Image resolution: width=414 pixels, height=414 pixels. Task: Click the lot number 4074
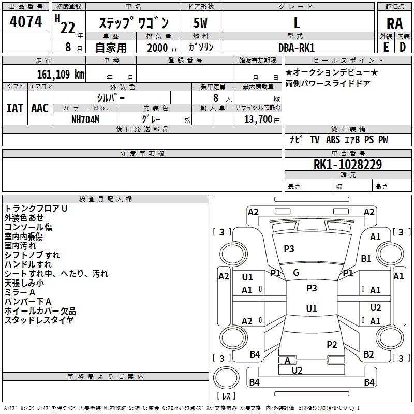pos(25,22)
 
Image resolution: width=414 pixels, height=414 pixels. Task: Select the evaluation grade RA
pos(394,24)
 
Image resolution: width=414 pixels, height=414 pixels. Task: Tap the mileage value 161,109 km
pos(61,75)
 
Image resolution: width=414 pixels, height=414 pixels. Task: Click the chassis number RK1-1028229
pos(348,165)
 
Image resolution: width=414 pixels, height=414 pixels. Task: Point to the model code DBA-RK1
pos(297,48)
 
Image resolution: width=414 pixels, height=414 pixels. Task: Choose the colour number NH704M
pos(85,120)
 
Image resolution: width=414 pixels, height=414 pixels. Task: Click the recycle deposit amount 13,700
pos(258,120)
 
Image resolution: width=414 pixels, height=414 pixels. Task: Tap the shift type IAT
pos(15,108)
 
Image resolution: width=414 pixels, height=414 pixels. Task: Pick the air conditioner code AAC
pos(40,108)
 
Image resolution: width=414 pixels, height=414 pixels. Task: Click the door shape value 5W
pos(200,23)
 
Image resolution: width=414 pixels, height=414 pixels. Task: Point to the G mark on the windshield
pos(296,273)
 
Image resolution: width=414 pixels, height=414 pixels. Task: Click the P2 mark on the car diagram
pos(332,344)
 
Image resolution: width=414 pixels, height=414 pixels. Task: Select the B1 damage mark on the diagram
pos(366,258)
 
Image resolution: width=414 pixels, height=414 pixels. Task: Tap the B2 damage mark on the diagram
pos(368,354)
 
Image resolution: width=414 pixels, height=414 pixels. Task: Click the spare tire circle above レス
pos(226,378)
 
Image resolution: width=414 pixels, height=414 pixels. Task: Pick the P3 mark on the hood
pos(289,248)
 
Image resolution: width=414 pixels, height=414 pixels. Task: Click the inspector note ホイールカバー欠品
pos(40,311)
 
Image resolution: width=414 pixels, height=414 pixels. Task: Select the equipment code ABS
pos(333,140)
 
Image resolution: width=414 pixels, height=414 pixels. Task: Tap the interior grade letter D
pos(403,47)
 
